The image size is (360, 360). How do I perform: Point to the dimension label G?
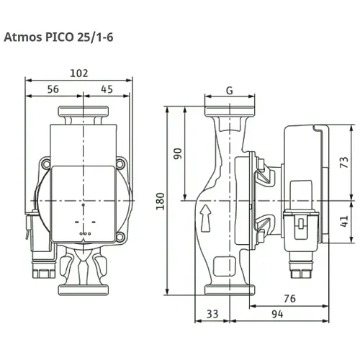click(x=228, y=91)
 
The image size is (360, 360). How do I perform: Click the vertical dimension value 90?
click(x=178, y=154)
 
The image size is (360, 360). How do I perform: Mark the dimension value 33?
click(x=212, y=315)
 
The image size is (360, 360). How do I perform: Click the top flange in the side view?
click(x=228, y=114)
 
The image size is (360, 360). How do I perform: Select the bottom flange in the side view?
click(x=228, y=289)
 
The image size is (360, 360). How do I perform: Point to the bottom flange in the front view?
click(x=84, y=289)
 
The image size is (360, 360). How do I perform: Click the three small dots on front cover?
click(x=84, y=233)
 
